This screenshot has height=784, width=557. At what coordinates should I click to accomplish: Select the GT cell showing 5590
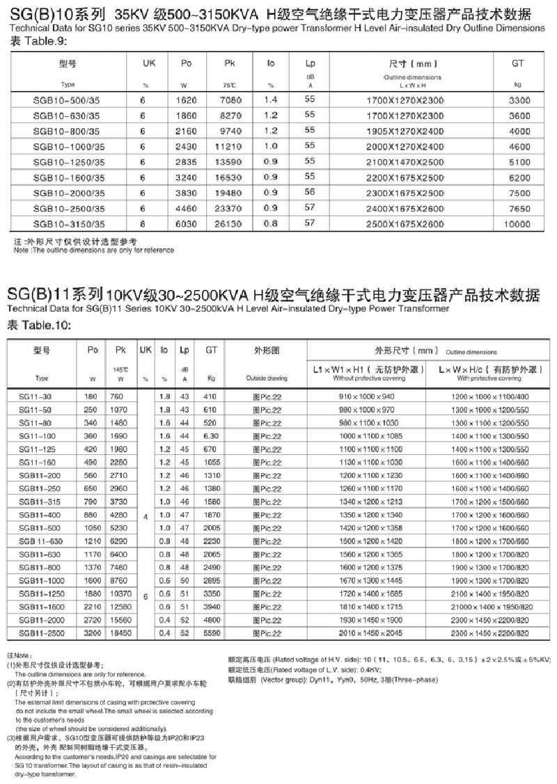coord(212,634)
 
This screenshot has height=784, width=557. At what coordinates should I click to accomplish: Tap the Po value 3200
coord(93,634)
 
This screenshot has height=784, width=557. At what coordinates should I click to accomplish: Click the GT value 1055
coord(212,462)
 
